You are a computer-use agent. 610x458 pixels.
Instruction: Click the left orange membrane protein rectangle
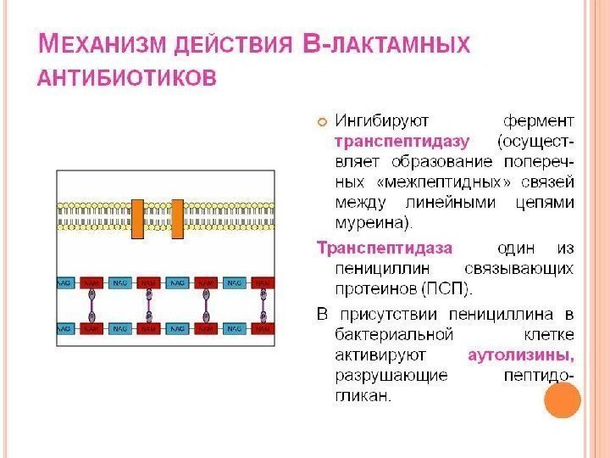pyautogui.click(x=138, y=220)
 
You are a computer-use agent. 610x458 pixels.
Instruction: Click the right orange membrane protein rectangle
pyautogui.click(x=177, y=220)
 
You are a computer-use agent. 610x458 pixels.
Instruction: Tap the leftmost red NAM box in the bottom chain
pyautogui.click(x=91, y=327)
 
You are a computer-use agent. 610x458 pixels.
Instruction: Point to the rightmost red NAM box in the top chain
pyautogui.click(x=263, y=281)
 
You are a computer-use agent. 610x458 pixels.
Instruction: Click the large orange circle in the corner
pyautogui.click(x=561, y=399)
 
